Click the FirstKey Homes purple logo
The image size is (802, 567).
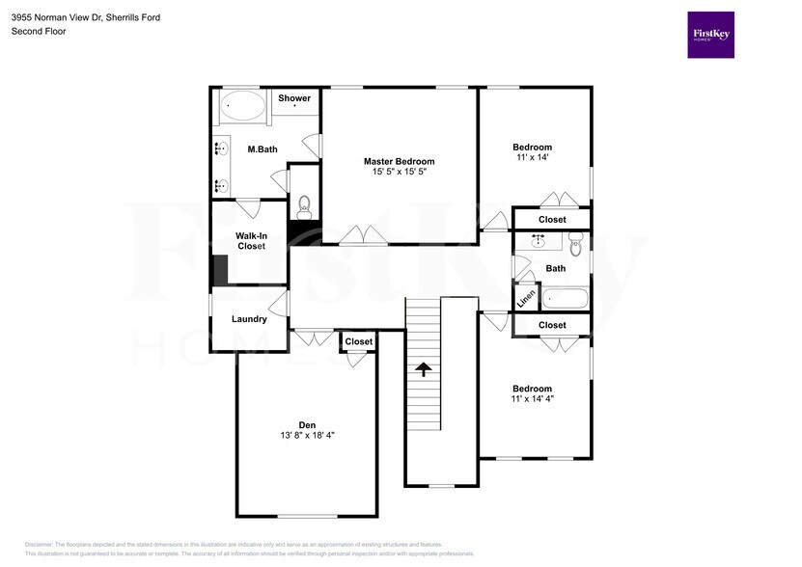pos(710,35)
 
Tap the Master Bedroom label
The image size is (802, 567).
pos(399,161)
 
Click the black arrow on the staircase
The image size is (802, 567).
pos(422,367)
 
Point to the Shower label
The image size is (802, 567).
pos(294,98)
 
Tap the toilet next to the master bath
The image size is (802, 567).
pos(304,204)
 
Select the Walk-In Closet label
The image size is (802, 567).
pos(250,241)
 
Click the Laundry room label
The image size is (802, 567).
pos(249,319)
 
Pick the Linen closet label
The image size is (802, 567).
pos(526,299)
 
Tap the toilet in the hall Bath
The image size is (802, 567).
pos(576,244)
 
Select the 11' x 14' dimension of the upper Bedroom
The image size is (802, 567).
pos(532,158)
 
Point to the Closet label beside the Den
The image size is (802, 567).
pos(358,341)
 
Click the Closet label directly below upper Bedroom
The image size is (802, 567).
pos(552,220)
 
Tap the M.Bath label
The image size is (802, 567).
pos(263,149)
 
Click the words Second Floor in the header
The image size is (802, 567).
pos(38,31)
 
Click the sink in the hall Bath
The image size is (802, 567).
pos(539,241)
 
